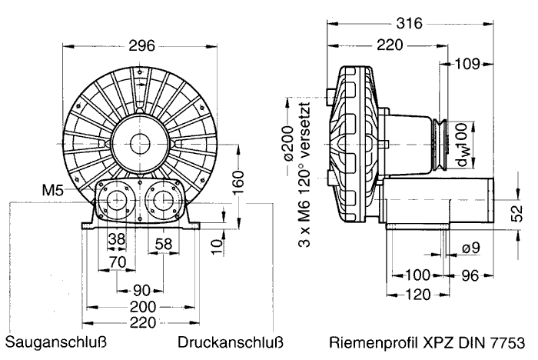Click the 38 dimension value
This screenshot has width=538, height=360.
click(x=117, y=239)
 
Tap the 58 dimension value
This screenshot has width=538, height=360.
click(x=163, y=244)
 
